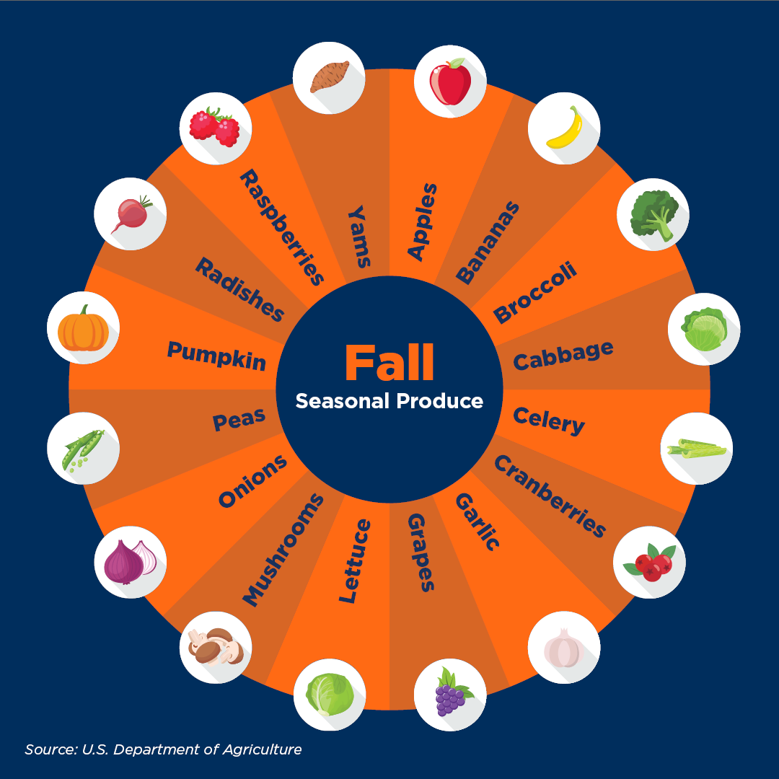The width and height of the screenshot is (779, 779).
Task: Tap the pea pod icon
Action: (83, 448)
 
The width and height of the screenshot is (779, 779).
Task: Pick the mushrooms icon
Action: (214, 647)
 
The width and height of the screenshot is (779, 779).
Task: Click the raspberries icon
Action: (215, 126)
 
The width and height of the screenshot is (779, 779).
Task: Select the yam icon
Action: (330, 76)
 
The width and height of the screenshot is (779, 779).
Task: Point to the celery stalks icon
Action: (696, 449)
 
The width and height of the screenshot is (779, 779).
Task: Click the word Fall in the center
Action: (389, 363)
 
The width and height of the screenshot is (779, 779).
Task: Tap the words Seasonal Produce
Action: (389, 401)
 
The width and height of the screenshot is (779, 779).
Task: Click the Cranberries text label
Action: (550, 497)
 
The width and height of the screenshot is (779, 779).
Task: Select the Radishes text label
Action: (240, 289)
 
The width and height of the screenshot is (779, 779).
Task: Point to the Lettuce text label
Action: (355, 560)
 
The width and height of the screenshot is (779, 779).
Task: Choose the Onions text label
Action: (252, 481)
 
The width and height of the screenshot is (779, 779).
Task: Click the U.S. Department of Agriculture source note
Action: (163, 749)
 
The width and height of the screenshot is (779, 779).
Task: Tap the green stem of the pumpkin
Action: (85, 310)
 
